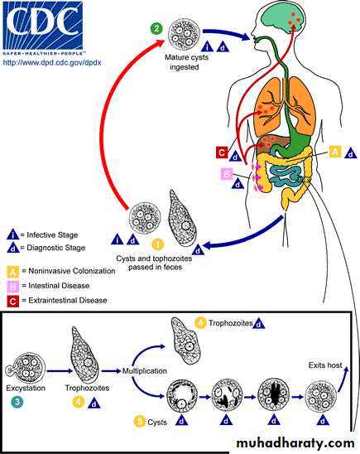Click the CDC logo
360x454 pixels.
(43, 28)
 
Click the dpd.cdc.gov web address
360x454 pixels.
(52, 62)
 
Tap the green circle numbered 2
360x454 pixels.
(156, 29)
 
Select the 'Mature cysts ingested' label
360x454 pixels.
(186, 62)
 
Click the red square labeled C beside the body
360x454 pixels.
(222, 152)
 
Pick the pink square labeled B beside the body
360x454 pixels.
(226, 174)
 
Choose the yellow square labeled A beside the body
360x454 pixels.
(335, 152)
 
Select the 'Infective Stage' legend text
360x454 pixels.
(52, 234)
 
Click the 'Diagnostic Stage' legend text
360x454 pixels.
(55, 248)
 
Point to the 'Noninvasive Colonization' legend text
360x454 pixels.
(72, 271)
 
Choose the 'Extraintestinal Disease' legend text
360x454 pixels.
(68, 300)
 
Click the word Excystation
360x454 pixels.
(26, 388)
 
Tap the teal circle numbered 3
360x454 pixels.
(17, 402)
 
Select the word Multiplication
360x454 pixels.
(145, 371)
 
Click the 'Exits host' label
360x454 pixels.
(325, 365)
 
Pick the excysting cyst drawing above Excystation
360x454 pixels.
(26, 369)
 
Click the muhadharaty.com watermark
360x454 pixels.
(295, 443)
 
